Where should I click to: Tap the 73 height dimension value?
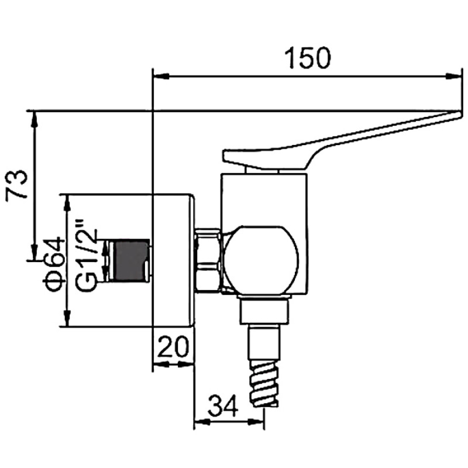[x=18, y=185]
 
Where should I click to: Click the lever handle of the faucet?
[x=328, y=143]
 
